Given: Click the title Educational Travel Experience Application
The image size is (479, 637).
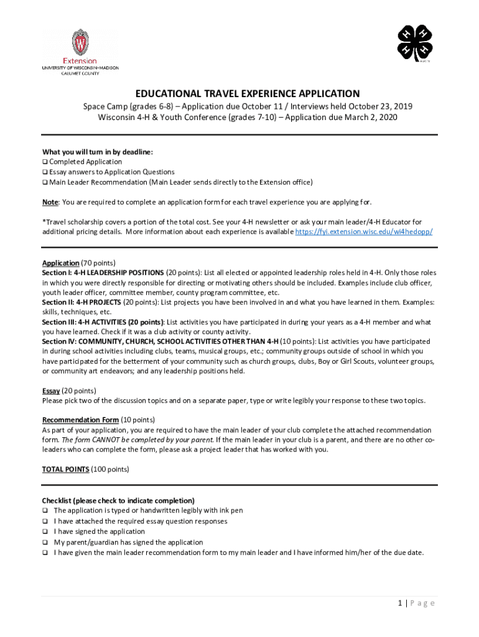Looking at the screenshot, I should (240, 93).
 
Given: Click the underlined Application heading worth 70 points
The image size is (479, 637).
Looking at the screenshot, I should (60, 263).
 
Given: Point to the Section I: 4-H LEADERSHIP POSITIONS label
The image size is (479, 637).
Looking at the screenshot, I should (103, 273).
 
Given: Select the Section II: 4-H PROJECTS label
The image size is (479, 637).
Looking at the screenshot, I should (81, 302).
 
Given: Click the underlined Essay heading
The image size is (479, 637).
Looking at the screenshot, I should (51, 391).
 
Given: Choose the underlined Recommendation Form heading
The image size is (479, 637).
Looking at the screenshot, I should (80, 420).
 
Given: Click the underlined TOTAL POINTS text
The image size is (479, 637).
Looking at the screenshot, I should (65, 469).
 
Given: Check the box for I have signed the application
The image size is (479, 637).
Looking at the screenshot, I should (45, 532).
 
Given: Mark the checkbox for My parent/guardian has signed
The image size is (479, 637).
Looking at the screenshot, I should (45, 542).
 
